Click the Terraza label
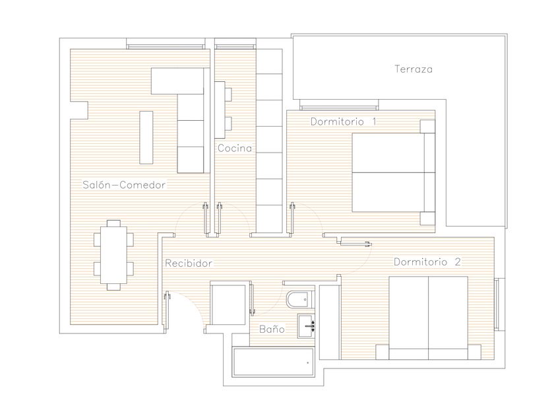[x=414, y=69]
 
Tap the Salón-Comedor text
[x=124, y=185]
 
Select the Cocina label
[x=235, y=148]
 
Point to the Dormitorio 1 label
[x=344, y=121]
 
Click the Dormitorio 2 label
[x=427, y=261]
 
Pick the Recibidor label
[x=189, y=263]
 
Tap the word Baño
[x=272, y=329]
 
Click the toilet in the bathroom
[x=299, y=300]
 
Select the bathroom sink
[x=306, y=326]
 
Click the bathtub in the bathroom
[x=273, y=362]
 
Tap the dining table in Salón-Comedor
[x=113, y=255]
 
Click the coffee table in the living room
[x=146, y=137]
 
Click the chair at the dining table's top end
[x=113, y=223]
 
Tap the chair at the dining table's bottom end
[x=113, y=287]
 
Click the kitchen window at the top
[x=235, y=47]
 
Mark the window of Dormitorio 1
[x=339, y=108]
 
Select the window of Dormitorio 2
[x=497, y=304]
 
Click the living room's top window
[x=166, y=47]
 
